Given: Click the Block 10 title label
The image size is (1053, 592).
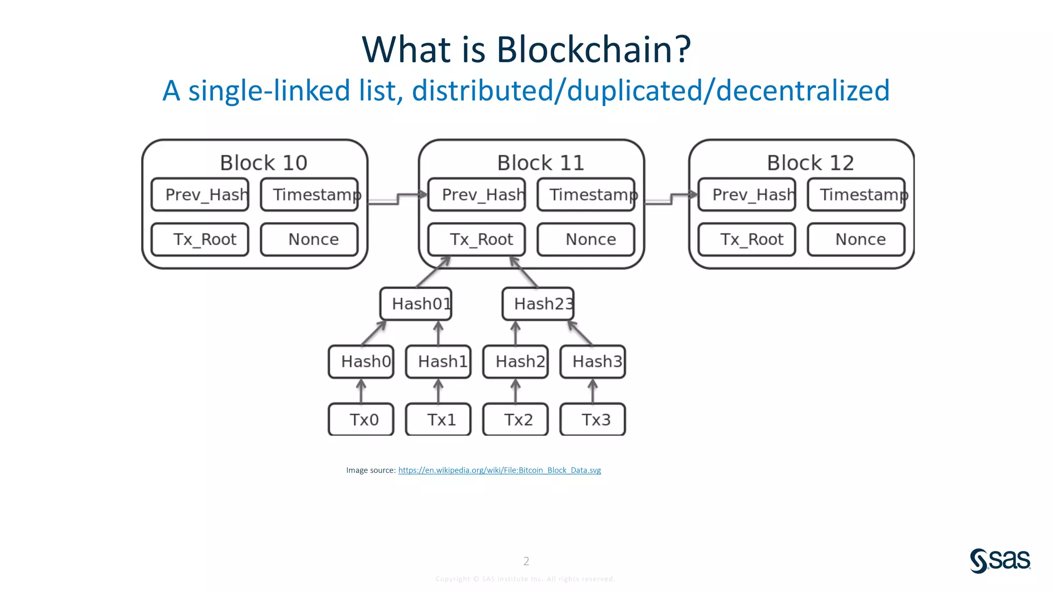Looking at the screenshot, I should click(263, 163).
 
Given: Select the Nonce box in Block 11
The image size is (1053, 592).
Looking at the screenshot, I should click(586, 239).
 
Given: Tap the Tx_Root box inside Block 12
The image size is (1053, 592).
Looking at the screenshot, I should click(747, 239).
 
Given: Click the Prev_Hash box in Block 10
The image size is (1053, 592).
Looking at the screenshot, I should click(200, 195).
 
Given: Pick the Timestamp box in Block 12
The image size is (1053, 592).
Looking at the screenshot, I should click(856, 195).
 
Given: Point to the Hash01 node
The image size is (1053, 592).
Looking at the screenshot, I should click(416, 304).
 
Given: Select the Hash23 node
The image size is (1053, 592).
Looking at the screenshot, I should click(538, 304).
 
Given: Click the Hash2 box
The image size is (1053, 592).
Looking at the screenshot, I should click(516, 362).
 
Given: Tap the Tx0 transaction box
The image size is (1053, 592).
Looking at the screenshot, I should click(361, 420).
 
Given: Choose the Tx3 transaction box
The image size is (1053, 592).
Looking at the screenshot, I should click(592, 420).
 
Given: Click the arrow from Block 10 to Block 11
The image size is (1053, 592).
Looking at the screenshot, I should click(397, 198).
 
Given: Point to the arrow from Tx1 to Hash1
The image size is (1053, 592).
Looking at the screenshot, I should click(438, 392).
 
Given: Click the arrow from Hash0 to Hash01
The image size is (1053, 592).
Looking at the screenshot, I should click(374, 333).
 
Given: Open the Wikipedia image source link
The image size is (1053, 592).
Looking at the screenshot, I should click(499, 470).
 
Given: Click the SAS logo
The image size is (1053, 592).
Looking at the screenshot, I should click(1000, 560).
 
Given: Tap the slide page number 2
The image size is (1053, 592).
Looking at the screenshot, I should click(526, 561).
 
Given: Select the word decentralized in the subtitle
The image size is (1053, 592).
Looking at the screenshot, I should click(802, 91).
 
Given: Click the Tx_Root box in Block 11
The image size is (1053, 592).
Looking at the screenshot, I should click(477, 239).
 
